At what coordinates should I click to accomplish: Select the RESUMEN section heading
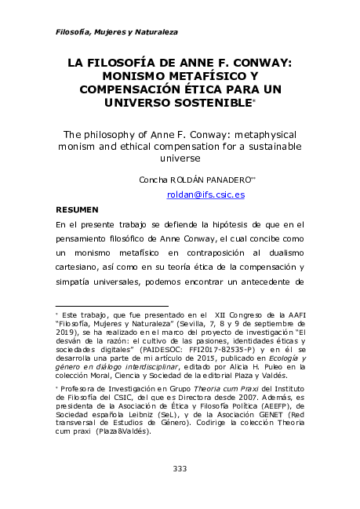click(x=77, y=209)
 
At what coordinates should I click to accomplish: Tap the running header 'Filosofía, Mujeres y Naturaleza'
click(x=117, y=32)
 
